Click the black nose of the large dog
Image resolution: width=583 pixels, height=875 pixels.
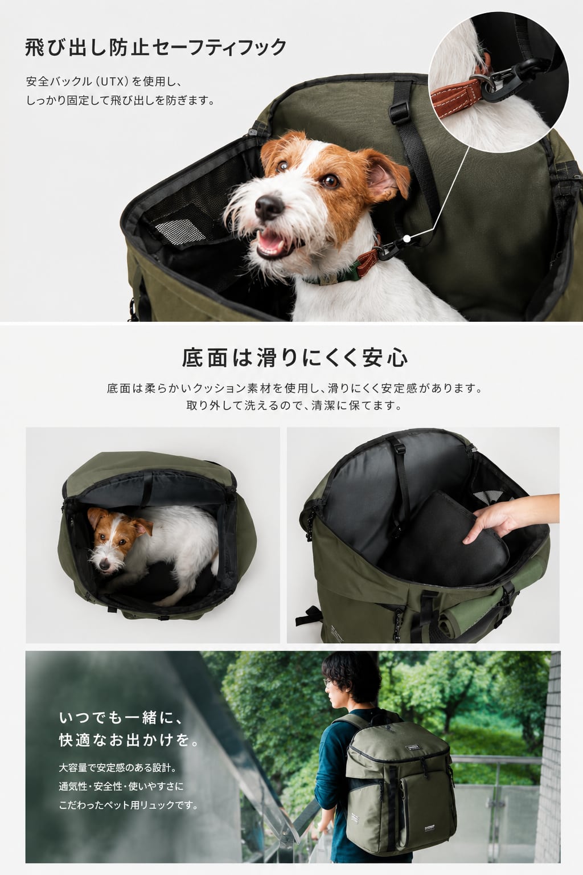269,207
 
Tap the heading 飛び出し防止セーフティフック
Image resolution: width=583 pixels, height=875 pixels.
156,47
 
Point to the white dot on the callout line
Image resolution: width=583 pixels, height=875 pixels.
407,237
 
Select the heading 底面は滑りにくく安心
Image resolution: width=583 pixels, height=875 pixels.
295,358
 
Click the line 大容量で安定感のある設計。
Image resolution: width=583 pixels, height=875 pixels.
118,767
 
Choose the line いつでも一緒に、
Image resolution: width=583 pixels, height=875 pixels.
121,717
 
